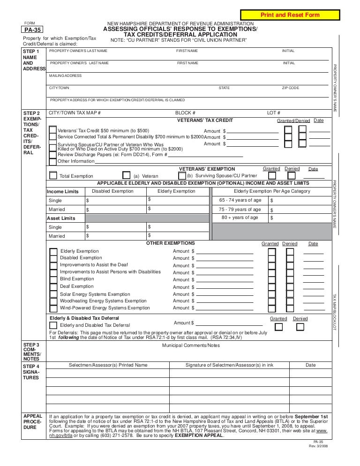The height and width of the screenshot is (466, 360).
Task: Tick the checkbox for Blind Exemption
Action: [53, 279]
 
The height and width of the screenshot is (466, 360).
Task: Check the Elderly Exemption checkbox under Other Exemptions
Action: [53, 252]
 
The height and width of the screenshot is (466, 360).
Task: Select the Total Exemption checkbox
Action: [53, 175]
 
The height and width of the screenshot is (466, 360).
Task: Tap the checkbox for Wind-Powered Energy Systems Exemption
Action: [53, 308]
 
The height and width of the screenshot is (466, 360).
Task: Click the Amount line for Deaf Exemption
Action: [225, 286]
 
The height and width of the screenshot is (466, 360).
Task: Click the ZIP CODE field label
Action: [290, 88]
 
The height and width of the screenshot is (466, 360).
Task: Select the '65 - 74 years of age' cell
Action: [239, 200]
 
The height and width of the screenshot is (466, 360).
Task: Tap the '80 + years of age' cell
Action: [239, 218]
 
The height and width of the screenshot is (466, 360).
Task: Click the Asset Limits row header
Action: [61, 218]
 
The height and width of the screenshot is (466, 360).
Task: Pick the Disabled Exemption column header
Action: [112, 191]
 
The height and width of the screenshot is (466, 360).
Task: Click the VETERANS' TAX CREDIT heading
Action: [206, 120]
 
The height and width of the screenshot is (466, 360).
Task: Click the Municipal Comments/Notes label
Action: [190, 346]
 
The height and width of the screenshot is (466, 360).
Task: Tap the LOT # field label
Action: [273, 113]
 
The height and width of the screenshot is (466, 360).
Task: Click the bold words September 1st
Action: [311, 416]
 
